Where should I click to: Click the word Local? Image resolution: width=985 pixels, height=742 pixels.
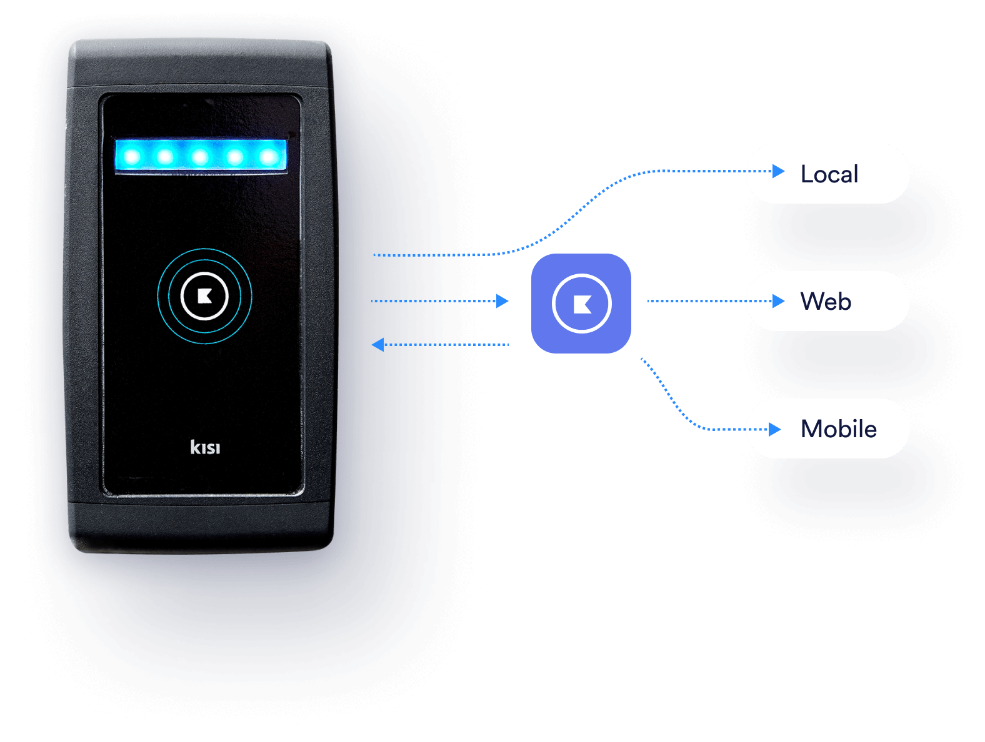829,174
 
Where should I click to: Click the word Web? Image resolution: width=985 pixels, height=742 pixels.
826,302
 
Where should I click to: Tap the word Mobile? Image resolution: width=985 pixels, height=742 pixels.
839,429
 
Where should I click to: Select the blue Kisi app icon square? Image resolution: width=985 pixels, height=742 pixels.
581,304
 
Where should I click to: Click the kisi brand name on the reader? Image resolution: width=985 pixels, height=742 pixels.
205,447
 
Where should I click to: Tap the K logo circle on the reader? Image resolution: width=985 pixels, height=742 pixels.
204,296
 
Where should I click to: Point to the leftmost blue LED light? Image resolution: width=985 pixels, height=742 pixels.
132,156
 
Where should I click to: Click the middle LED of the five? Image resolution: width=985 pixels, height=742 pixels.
200,156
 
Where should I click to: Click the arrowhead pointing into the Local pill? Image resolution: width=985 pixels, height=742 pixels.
778,171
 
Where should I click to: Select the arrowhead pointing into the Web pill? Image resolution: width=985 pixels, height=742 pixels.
778,301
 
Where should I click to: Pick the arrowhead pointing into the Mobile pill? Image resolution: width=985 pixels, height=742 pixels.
775,429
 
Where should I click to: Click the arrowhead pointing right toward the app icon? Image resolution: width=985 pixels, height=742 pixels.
502,301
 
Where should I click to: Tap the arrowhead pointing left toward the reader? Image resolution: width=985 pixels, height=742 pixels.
377,345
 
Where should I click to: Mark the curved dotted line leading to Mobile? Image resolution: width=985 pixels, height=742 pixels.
672,400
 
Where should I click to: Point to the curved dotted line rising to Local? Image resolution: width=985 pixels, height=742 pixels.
575,212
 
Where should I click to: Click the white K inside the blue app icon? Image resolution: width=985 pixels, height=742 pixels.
582,304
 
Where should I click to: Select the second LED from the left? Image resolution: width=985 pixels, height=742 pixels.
166,156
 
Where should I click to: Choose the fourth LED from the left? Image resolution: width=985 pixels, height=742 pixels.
235,156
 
